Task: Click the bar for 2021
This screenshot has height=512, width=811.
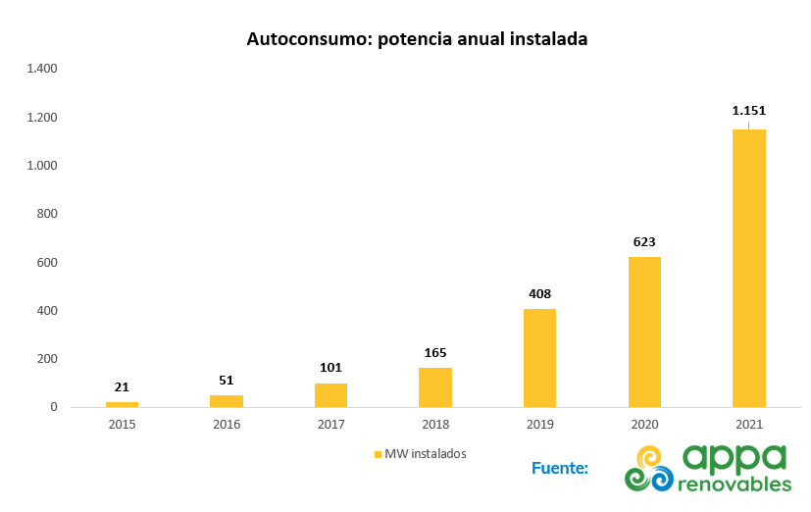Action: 748,268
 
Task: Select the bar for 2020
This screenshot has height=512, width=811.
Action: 644,332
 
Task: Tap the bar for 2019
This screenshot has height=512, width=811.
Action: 539,358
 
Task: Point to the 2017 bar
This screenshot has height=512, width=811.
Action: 330,395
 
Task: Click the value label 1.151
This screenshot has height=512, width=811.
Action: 748,111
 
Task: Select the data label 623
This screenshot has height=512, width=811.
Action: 644,241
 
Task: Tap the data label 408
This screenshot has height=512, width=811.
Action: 539,293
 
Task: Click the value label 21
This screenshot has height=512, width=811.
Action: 122,387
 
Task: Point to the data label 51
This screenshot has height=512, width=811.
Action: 227,380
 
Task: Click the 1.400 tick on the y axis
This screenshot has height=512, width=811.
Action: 43,69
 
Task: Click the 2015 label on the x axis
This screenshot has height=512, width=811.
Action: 122,424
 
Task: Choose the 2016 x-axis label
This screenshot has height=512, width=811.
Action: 227,424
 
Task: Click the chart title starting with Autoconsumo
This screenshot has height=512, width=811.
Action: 417,40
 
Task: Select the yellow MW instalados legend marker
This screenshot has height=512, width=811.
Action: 378,454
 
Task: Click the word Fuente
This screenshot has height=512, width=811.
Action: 559,468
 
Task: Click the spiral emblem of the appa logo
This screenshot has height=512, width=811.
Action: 650,468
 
